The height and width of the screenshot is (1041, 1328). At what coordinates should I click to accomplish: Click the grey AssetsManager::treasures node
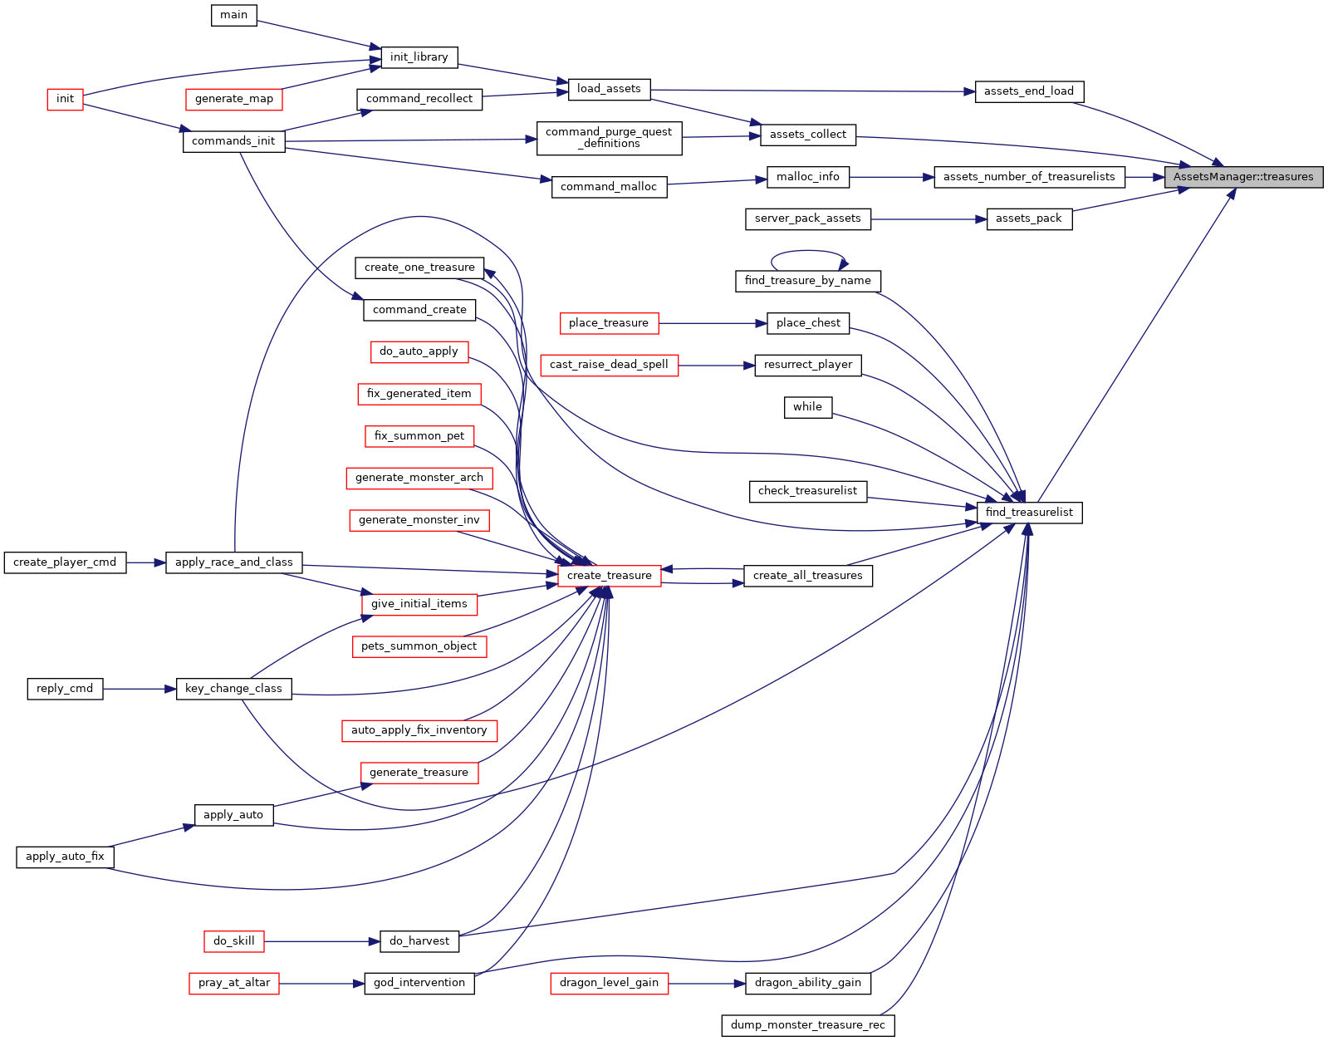pos(1243,177)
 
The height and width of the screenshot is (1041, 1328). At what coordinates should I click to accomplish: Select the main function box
pos(234,15)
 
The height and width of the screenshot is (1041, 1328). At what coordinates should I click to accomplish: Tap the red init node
pos(65,99)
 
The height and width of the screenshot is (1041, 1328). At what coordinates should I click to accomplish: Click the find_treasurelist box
pos(1029,513)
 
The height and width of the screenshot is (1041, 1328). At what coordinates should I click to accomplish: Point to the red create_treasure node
pos(610,576)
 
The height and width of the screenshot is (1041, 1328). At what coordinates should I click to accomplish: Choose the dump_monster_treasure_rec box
pos(808,1026)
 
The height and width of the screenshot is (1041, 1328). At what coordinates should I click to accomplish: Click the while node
pos(808,408)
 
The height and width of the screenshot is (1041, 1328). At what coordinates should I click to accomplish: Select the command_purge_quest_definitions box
pos(610,138)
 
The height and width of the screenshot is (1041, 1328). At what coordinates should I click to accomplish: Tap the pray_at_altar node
pos(234,984)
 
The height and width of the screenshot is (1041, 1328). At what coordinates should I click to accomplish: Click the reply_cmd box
pos(65,690)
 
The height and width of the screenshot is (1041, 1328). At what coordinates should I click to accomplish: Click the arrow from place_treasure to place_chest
pos(713,324)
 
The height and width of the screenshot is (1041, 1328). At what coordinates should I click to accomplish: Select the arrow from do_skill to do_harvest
pos(322,942)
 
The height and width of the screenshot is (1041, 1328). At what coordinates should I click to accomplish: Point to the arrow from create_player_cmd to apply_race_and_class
pos(146,563)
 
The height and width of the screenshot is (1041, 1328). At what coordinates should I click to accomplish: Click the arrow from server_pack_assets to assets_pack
pos(929,219)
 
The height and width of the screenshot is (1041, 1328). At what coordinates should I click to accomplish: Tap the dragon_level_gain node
pos(610,984)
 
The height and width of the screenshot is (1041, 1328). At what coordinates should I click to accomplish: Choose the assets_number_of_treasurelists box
pos(1029,177)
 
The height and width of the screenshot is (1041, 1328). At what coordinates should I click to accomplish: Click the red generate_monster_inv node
pos(419,521)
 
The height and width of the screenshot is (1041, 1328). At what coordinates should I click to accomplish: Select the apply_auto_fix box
pos(65,857)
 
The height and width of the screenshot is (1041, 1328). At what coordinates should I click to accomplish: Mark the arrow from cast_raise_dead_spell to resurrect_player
pos(717,366)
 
